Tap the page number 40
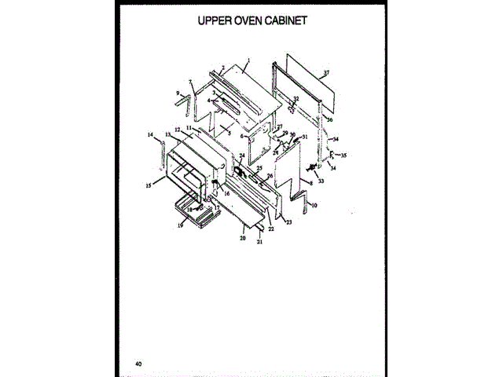point(138,363)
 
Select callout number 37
point(326,73)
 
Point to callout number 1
point(248,60)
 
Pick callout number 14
point(149,135)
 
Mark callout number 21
point(258,243)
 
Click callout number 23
point(288,223)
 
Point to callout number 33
point(321,181)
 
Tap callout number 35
point(343,156)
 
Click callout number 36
point(330,120)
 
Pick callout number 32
point(296,98)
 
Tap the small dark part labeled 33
point(312,167)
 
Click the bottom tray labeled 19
point(193,211)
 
